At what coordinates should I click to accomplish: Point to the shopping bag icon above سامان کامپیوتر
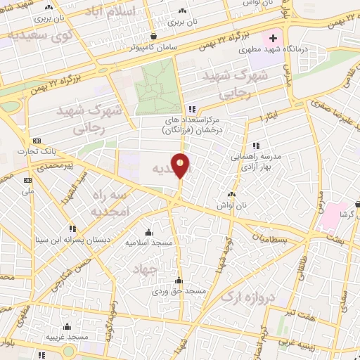click(153, 36)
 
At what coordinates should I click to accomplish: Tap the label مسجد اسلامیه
click(148, 242)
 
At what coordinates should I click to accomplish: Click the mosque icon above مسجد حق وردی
click(179, 281)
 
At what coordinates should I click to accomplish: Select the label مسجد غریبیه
click(67, 337)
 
